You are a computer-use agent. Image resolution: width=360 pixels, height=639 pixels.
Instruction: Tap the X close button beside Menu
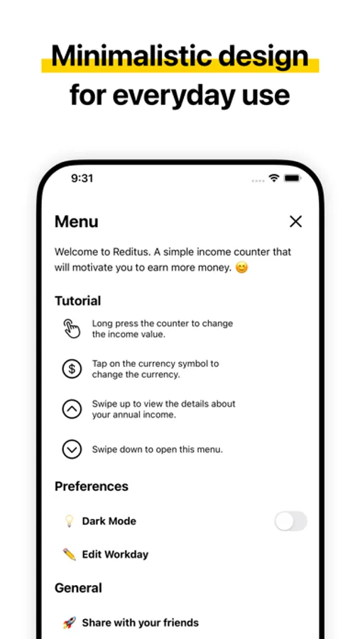pos(295,222)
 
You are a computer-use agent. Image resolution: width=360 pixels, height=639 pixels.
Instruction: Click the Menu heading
pos(76,222)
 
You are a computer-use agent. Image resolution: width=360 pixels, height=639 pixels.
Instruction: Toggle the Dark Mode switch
pos(290,521)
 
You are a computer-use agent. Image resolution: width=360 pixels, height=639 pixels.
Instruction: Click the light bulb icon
pos(69,521)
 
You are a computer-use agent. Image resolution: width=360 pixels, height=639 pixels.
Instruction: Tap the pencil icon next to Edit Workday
pos(69,555)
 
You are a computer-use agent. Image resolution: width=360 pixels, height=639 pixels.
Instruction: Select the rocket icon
pos(69,623)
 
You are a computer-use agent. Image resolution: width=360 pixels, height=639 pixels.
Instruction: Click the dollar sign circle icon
pos(72,369)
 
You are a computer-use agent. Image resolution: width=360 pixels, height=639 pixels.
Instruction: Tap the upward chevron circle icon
pos(72,409)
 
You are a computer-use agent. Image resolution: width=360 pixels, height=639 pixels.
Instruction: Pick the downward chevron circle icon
pos(72,449)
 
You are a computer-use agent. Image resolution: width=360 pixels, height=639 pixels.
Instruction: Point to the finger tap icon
pos(72,329)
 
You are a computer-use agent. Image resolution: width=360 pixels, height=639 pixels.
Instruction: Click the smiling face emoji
pos(241,268)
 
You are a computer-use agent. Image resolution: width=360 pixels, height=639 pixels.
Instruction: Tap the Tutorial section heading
pos(77,301)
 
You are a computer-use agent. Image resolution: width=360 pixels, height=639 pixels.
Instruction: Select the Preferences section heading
pos(92,486)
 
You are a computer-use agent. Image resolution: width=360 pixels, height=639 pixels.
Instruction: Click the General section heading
pos(78,588)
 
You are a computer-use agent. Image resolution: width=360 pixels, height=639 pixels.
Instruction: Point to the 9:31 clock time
pos(82,178)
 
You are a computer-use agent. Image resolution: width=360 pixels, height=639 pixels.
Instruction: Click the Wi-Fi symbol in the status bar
pos(273,178)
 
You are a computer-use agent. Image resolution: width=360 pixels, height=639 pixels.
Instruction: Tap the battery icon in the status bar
pos(293,178)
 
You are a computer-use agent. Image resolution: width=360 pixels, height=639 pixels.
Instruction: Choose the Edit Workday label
pos(115,555)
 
